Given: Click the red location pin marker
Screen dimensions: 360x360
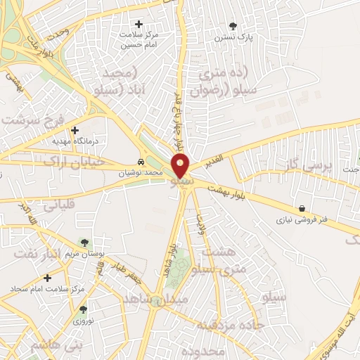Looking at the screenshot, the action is (181, 166).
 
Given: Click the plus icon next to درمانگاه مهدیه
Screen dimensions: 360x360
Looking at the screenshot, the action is (75, 130).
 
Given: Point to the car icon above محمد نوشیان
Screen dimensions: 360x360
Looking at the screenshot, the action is (141, 162).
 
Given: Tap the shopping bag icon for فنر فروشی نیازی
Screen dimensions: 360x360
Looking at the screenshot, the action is (302, 209).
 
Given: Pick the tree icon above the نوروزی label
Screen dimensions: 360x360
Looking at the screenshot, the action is (84, 309).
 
